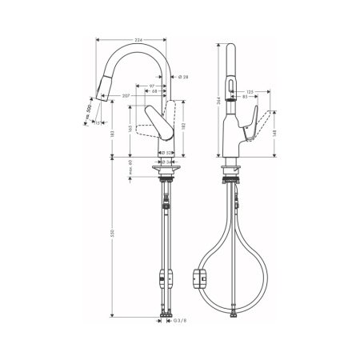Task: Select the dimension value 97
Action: (151, 84)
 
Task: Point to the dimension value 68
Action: (154, 90)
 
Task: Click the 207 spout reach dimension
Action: (127, 96)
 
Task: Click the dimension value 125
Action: (250, 93)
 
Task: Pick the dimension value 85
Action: (251, 99)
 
